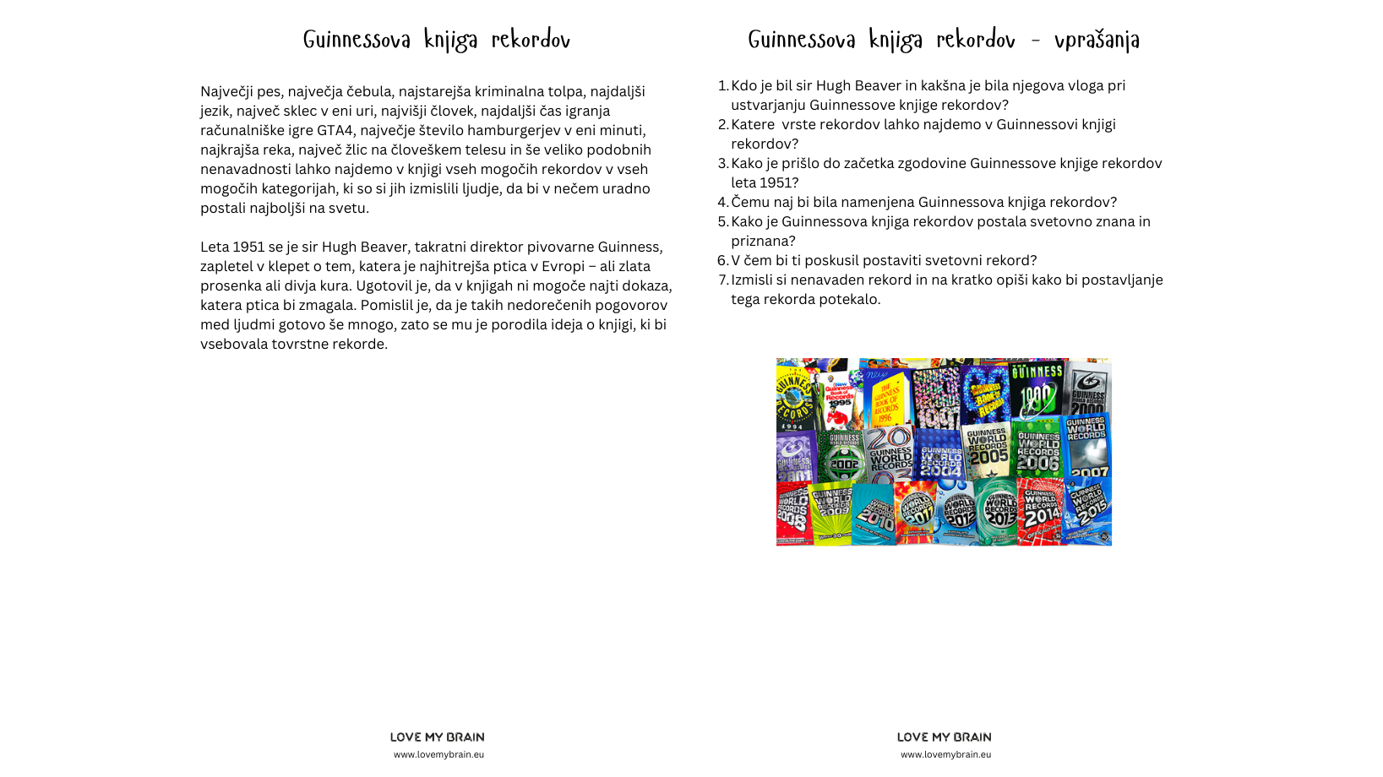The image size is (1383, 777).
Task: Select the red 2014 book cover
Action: (1040, 511)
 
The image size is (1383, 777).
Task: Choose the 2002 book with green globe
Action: (842, 456)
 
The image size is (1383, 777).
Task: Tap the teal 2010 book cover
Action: (874, 513)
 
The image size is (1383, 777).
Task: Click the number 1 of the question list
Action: (722, 86)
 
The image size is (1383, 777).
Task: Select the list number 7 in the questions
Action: (722, 280)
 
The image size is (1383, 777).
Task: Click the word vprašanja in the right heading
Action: (1097, 40)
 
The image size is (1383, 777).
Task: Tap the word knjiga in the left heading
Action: (450, 40)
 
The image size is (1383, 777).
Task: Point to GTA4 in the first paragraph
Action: (335, 131)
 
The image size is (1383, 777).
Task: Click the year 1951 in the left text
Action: (248, 247)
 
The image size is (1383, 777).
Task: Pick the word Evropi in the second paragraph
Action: (563, 267)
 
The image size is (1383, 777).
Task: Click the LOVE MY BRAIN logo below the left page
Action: (437, 737)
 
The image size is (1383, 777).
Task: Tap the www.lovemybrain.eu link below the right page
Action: (945, 755)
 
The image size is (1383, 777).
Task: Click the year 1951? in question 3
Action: (777, 183)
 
